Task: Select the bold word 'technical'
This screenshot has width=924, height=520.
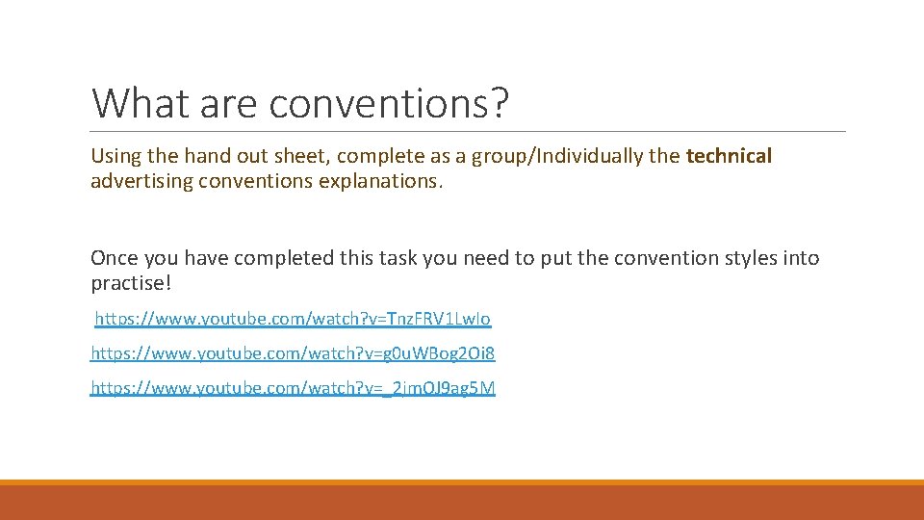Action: (729, 156)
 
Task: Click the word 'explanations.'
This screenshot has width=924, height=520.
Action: (385, 181)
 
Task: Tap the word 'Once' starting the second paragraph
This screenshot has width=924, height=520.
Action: (114, 258)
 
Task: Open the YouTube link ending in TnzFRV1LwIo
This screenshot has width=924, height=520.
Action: (293, 319)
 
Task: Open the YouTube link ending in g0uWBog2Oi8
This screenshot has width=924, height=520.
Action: (293, 353)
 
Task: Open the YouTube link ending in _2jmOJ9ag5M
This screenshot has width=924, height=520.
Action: (293, 388)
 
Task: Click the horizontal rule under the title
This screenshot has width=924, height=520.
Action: (468, 132)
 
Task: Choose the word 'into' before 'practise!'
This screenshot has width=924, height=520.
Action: (801, 258)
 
